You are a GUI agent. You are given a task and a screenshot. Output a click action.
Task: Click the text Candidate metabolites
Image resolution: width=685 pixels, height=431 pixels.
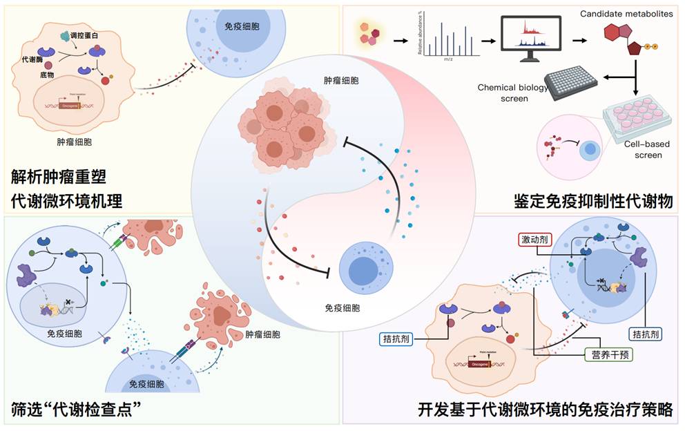(x=626, y=13)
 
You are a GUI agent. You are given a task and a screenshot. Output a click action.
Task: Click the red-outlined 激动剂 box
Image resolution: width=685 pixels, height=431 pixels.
(x=537, y=240)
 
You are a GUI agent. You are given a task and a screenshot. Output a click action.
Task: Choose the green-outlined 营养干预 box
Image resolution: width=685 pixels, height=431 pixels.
(x=608, y=354)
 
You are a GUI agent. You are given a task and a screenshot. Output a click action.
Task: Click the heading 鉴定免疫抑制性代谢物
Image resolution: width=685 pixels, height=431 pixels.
(x=593, y=201)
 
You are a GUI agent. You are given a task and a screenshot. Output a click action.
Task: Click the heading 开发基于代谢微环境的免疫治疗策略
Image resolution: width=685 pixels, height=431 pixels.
(x=545, y=408)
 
